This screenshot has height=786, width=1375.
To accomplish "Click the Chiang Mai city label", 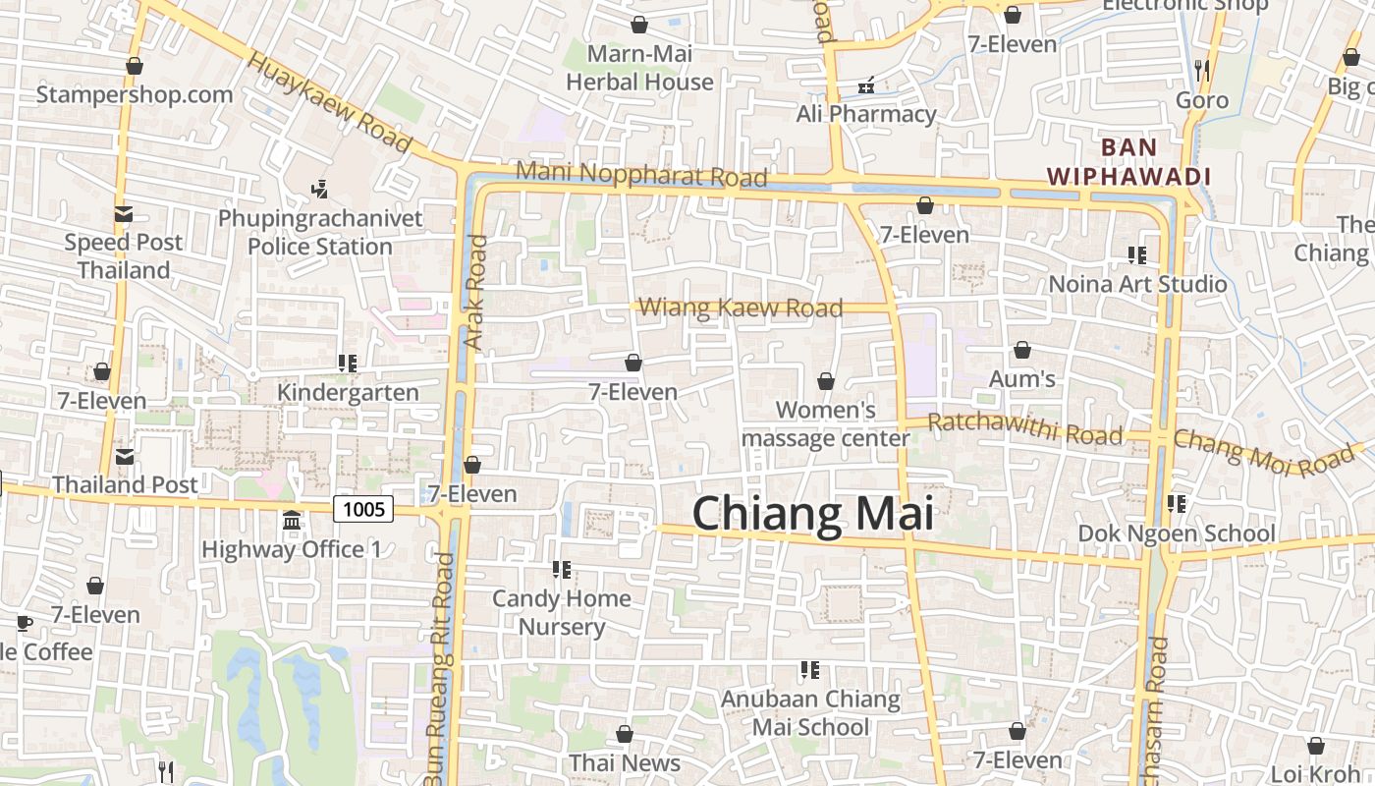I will coord(812,515).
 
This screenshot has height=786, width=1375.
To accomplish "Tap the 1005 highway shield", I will coord(363,508).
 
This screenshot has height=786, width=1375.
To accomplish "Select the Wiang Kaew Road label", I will coord(741,308).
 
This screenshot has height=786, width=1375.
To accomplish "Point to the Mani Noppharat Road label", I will coord(641,174).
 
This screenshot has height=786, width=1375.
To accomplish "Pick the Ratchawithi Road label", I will coord(1024,428).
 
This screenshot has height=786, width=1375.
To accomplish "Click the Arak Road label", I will coord(475,292).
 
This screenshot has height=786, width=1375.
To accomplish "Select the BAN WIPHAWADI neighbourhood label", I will coord(1128,162).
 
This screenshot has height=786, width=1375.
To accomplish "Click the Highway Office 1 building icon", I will coord(292,520).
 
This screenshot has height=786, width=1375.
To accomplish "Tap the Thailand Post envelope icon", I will coord(125,456).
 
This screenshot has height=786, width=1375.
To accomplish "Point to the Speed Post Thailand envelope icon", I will coord(124,213).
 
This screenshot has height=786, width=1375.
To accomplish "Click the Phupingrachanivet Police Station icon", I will coord(319,189).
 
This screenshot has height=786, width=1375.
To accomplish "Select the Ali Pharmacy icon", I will coord(866,86).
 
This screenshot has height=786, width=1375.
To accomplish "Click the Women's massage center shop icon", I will coord(826,381).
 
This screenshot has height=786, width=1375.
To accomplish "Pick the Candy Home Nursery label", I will coord(562,612).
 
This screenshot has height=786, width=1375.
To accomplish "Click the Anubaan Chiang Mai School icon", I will coord(810,670).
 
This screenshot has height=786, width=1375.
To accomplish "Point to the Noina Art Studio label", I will coord(1137,284).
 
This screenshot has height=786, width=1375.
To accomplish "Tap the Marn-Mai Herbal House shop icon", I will coord(639,25).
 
